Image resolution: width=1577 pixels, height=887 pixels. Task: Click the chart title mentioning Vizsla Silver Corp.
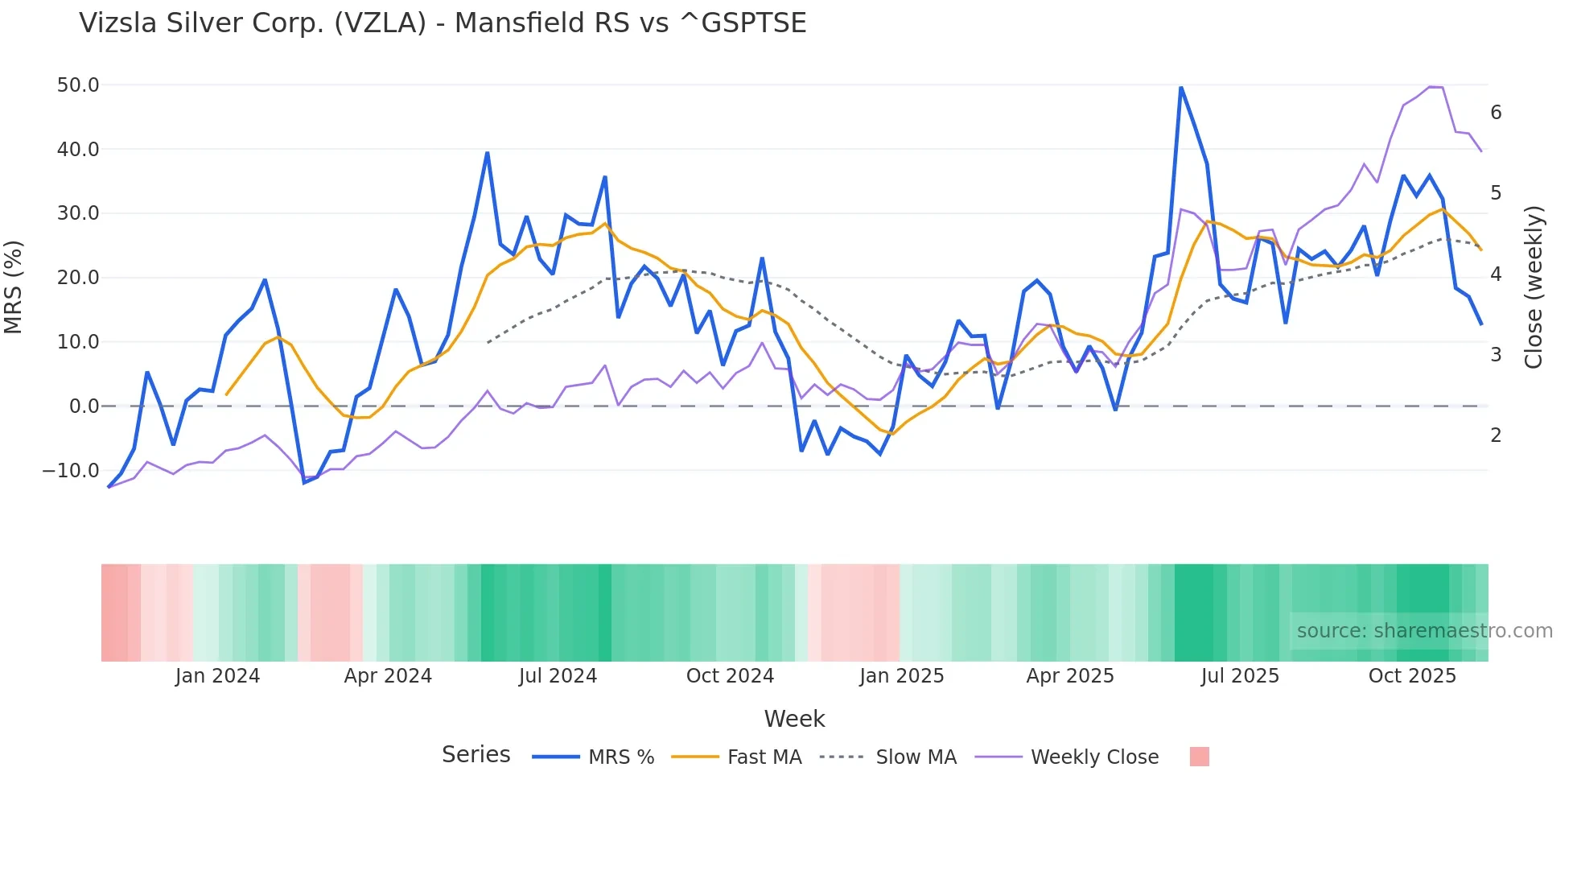(x=443, y=23)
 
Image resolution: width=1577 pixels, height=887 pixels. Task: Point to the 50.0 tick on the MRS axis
(x=78, y=85)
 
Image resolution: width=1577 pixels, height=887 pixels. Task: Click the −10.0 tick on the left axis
(x=71, y=471)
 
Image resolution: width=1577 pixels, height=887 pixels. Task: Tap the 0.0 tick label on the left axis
(x=84, y=406)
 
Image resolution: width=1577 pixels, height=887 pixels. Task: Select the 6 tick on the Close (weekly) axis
(x=1496, y=113)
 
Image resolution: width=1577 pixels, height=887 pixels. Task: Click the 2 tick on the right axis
(x=1496, y=435)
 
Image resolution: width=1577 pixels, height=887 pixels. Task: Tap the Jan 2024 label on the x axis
(x=217, y=676)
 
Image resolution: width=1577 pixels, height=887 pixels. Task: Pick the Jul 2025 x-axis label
(x=1240, y=676)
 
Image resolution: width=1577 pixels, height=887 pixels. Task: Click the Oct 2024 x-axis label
(x=730, y=676)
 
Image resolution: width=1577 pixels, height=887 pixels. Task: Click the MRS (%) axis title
(x=14, y=287)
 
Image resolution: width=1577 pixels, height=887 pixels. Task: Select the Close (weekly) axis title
(x=1534, y=287)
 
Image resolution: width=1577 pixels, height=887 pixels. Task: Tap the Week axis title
(x=794, y=719)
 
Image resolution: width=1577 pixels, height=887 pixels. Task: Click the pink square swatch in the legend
(x=1199, y=757)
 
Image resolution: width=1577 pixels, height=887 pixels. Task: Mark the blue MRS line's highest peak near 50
(x=1180, y=88)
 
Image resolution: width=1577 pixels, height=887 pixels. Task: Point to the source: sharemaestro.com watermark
(x=1424, y=631)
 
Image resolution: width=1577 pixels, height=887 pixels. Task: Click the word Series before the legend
(x=476, y=755)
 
